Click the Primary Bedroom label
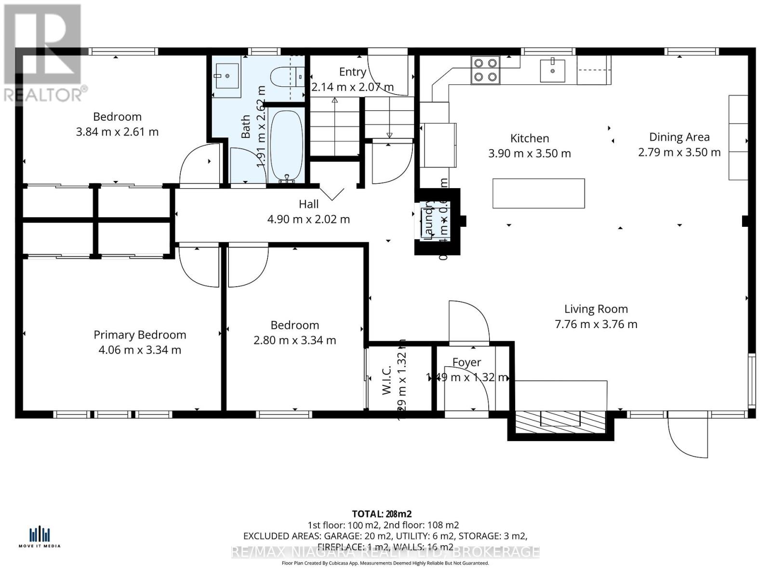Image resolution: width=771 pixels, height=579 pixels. pyautogui.click(x=140, y=335)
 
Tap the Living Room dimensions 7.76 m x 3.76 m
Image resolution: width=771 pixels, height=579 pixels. pyautogui.click(x=596, y=324)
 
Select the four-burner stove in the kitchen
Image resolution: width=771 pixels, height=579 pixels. pyautogui.click(x=485, y=69)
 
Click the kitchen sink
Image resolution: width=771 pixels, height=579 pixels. pyautogui.click(x=552, y=70)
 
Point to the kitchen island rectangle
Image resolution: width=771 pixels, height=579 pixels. pyautogui.click(x=538, y=193)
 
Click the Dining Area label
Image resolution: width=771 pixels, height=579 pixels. pyautogui.click(x=679, y=137)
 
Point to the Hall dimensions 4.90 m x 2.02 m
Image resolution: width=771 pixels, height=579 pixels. pyautogui.click(x=308, y=220)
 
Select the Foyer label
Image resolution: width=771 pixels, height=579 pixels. pyautogui.click(x=466, y=362)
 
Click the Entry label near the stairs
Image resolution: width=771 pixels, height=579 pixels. pyautogui.click(x=352, y=72)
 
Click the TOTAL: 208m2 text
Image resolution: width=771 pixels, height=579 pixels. pyautogui.click(x=382, y=514)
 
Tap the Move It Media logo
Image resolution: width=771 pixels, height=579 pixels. pyautogui.click(x=40, y=537)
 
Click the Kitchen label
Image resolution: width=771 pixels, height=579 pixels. pyautogui.click(x=530, y=138)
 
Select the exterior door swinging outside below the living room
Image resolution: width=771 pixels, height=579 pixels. pyautogui.click(x=688, y=436)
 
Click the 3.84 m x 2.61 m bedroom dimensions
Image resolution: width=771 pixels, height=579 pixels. pyautogui.click(x=117, y=132)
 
